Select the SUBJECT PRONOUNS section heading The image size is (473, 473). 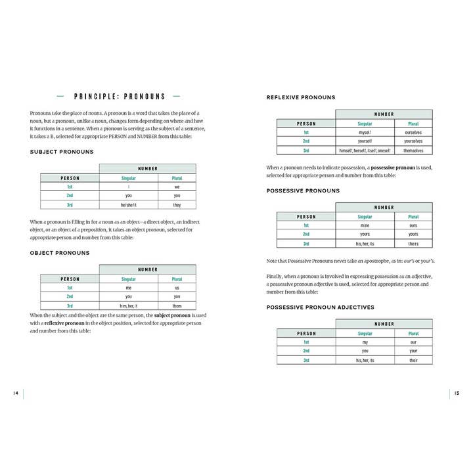point(62,152)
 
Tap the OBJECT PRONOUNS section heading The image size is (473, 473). point(60,253)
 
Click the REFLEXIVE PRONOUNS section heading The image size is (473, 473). point(301,97)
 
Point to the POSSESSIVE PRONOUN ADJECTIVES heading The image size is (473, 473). point(321,307)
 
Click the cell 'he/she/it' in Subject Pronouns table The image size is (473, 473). point(129,205)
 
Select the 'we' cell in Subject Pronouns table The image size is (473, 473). point(177,187)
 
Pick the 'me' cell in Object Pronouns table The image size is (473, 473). point(129,288)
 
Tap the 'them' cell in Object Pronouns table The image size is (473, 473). point(177,306)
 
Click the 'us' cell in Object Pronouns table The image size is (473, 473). point(177,288)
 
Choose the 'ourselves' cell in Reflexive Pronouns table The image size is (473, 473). point(413,132)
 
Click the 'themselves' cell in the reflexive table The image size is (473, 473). point(413,150)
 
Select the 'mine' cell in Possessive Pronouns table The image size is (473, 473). point(365,225)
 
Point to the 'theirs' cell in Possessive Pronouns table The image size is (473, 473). point(413,244)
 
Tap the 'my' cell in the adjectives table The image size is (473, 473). point(365,342)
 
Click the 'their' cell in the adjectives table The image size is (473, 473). point(413,361)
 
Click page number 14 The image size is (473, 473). point(15,394)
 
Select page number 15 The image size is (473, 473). point(457,394)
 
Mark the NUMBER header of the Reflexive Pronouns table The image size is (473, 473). point(384,114)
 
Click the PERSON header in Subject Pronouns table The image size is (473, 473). point(70,178)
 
